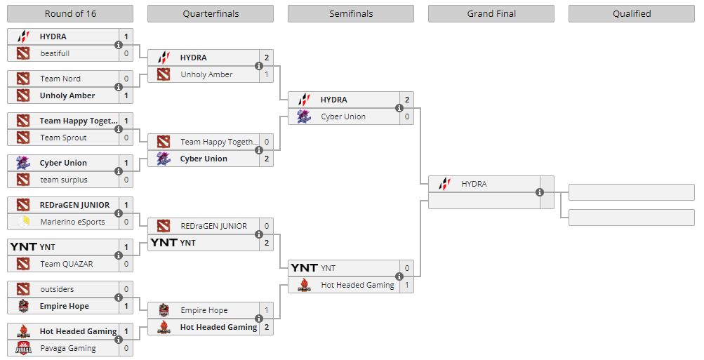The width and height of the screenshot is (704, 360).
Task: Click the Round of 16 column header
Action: click(69, 14)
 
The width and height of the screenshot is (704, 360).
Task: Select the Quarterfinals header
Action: click(211, 14)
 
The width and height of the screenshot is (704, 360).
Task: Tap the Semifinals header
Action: click(351, 14)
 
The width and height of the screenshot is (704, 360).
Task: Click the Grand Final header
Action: click(491, 14)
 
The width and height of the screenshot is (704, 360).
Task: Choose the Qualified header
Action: click(632, 14)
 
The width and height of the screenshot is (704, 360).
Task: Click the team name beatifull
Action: click(55, 53)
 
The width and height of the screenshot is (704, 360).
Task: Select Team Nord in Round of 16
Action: click(60, 79)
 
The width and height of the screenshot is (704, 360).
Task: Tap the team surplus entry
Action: click(64, 180)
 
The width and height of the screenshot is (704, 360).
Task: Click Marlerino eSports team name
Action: click(72, 222)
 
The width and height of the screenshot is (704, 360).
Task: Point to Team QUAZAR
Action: click(67, 264)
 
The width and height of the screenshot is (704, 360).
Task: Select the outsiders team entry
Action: click(57, 289)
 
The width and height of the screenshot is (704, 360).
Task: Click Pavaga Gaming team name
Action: click(68, 348)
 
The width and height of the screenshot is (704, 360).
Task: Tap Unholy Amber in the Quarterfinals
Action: click(206, 74)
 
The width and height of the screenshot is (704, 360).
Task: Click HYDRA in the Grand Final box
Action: click(474, 184)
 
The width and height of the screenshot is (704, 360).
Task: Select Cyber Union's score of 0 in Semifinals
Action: click(406, 116)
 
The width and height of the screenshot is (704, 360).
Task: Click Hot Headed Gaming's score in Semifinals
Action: click(406, 285)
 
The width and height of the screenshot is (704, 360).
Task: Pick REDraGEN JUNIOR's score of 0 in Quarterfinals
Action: click(266, 226)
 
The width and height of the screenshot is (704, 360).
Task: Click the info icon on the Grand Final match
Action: click(540, 192)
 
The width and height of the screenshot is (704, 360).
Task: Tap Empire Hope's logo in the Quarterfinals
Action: click(164, 310)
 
